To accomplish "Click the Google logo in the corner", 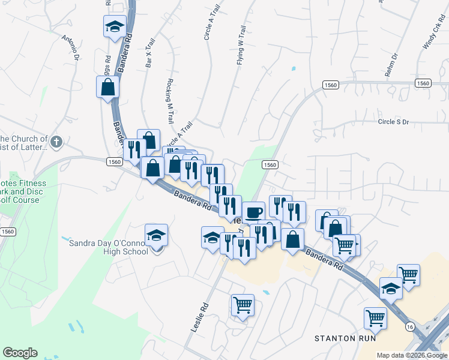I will (x=20, y=353).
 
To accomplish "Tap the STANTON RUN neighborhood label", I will (x=345, y=338).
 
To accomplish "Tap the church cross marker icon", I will (x=56, y=142).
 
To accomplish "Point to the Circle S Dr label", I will (x=393, y=122).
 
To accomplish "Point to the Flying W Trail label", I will (x=241, y=45).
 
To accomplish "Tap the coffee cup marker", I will (x=253, y=212).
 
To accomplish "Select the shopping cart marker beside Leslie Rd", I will (x=243, y=305).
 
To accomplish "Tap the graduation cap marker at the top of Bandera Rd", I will (x=115, y=26).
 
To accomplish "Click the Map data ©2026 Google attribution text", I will (x=412, y=355).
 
